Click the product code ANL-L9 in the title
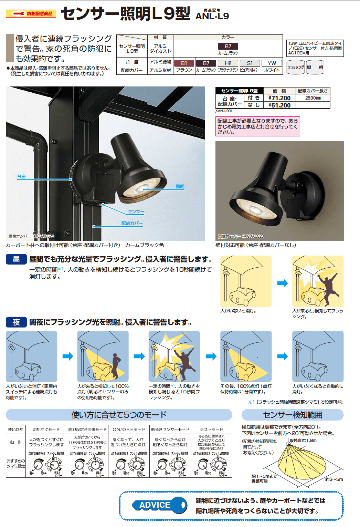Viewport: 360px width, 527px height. point(212,16)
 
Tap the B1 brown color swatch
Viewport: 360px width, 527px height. point(184,63)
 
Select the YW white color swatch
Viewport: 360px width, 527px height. point(272,63)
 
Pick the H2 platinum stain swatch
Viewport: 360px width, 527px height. point(228,63)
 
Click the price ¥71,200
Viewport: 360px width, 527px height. point(279,98)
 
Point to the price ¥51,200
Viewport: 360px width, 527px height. point(279,105)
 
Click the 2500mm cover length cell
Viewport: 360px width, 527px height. point(313,98)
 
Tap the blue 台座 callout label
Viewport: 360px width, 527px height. point(21,177)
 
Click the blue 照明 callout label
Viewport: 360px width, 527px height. point(180,187)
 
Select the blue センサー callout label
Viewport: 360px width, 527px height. point(136,211)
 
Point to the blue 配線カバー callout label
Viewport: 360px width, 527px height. point(132,224)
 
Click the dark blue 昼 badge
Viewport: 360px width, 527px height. point(16,259)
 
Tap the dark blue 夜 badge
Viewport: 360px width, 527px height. point(16,322)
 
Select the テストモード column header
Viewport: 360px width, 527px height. point(211,430)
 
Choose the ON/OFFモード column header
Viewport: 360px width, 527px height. point(129,430)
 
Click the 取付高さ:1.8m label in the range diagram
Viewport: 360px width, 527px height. point(303,441)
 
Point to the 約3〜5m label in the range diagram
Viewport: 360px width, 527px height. point(334,479)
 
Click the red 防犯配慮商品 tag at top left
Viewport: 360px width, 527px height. point(31,14)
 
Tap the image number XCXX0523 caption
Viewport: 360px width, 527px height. point(241,236)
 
